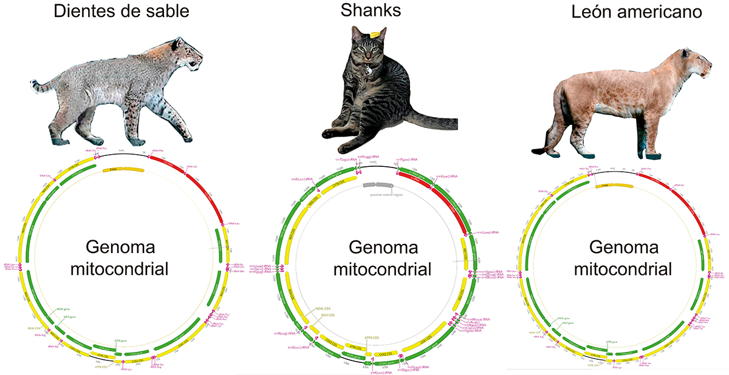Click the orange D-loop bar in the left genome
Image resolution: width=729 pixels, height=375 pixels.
(x=122, y=169)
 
